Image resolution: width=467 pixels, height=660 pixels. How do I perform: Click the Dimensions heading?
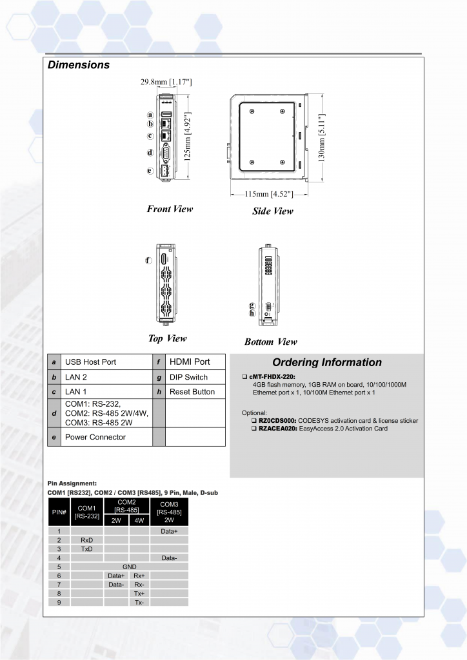(79, 65)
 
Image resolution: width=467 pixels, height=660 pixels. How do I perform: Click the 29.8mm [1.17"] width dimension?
(166, 82)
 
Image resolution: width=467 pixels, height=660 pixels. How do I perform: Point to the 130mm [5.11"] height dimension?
(322, 138)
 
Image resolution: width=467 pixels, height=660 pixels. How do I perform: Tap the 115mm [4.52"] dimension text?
(269, 194)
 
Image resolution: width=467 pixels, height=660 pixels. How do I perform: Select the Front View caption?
(170, 209)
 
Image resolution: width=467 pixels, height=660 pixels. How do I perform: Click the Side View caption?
(272, 211)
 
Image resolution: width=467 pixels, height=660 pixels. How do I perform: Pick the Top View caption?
(167, 338)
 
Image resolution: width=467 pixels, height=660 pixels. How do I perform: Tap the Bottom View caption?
(271, 342)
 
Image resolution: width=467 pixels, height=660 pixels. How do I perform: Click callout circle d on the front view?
(150, 153)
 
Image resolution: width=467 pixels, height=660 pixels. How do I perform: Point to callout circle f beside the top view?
(148, 260)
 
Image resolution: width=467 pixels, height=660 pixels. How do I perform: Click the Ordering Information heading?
(326, 362)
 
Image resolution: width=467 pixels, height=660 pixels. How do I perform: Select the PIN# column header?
(59, 512)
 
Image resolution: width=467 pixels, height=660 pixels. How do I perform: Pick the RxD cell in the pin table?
(86, 539)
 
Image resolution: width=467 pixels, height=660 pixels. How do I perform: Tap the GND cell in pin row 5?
(130, 567)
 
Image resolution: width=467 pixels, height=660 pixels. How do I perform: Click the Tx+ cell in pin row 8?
(139, 593)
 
